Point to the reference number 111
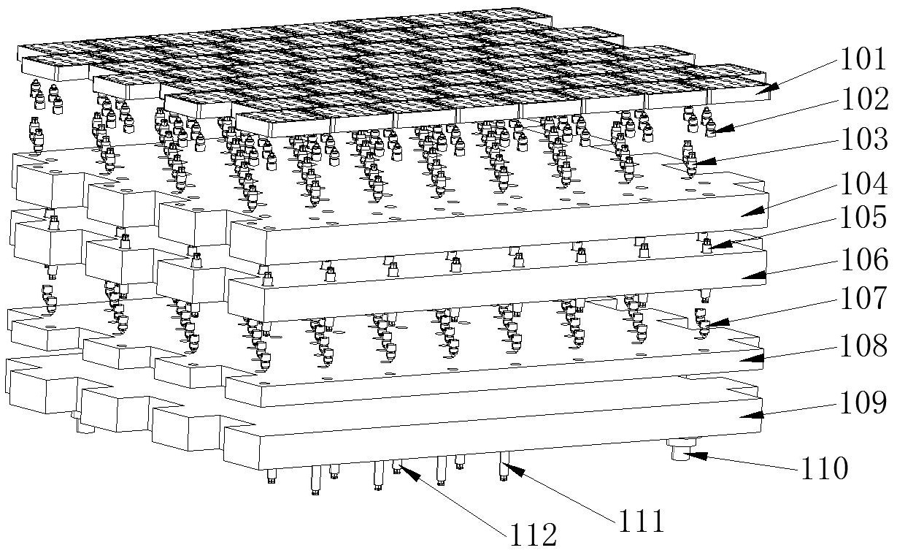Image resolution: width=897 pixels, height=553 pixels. click(x=642, y=520)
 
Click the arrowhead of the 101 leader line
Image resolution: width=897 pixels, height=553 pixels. click(x=763, y=91)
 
